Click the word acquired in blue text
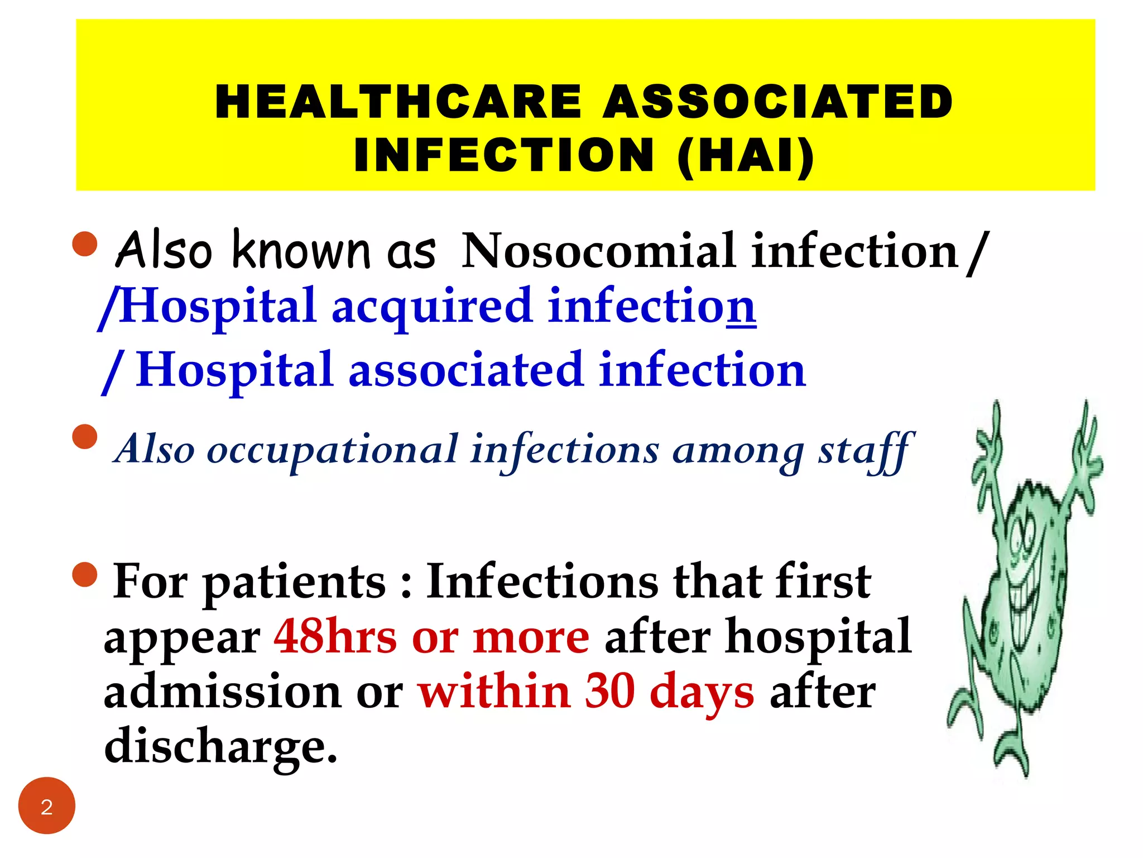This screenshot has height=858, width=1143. (x=432, y=306)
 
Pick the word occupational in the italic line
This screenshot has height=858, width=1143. (x=333, y=449)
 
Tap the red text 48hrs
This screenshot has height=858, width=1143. (x=335, y=637)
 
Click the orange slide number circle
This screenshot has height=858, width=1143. (x=47, y=805)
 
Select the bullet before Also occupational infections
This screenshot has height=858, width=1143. (x=85, y=437)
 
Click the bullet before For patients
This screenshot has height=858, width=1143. (x=85, y=574)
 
